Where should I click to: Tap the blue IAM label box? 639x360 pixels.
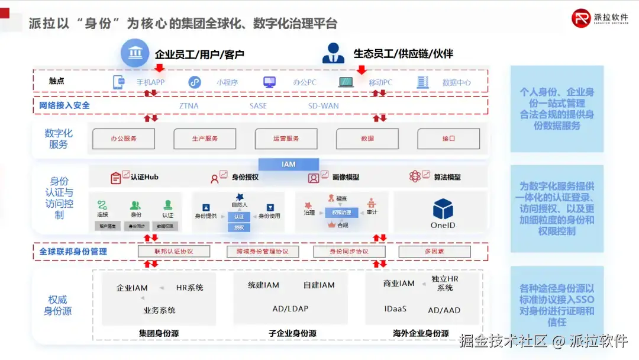tap(289, 164)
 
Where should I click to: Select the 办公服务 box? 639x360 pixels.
tap(124, 139)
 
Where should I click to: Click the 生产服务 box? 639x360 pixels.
tap(205, 139)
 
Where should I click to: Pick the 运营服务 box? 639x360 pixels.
tap(286, 139)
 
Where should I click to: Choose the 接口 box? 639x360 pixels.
tap(448, 139)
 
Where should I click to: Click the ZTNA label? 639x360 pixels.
tap(189, 106)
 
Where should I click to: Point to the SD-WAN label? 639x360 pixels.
tap(324, 106)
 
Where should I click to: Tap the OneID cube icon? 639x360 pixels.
tap(443, 209)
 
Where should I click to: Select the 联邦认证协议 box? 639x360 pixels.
tap(174, 252)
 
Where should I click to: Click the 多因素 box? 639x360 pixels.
tap(434, 252)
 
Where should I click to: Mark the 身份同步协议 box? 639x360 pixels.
tap(348, 252)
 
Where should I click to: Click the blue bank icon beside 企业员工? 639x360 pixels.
tap(135, 53)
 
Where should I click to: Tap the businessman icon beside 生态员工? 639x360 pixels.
tap(333, 53)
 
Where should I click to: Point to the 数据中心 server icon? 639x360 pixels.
tap(422, 82)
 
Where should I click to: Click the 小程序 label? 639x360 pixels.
tap(227, 83)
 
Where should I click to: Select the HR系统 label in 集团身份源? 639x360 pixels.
tap(189, 288)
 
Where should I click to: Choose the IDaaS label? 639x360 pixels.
tap(395, 309)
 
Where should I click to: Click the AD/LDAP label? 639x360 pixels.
tap(290, 309)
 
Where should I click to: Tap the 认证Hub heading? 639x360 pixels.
tap(144, 177)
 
